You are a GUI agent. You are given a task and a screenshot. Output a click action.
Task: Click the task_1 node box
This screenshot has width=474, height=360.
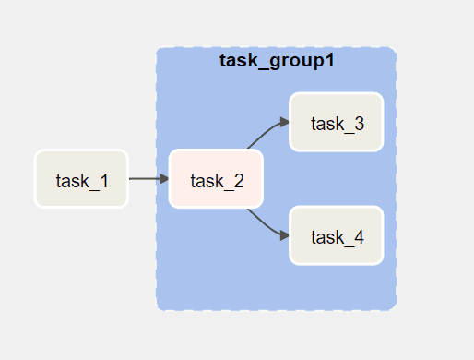(81, 179)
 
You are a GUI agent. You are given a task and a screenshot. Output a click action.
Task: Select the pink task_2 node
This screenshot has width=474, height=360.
(217, 179)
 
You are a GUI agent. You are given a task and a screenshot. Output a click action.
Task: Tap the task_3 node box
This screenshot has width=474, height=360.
(337, 122)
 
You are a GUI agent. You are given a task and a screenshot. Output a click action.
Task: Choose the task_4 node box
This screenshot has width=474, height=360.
(337, 236)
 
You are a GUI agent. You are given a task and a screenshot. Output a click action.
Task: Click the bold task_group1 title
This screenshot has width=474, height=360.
(277, 61)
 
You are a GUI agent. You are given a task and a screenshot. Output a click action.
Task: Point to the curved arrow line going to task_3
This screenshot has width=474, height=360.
(262, 133)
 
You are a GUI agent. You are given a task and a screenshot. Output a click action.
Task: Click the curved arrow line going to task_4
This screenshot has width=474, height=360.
(262, 224)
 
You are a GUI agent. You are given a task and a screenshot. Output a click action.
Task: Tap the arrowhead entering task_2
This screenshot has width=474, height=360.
(163, 179)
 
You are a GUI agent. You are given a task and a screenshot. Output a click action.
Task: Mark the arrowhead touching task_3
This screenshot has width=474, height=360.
(284, 122)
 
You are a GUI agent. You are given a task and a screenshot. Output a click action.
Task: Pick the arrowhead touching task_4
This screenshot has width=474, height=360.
(284, 236)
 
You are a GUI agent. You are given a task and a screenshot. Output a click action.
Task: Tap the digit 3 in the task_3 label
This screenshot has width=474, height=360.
(358, 123)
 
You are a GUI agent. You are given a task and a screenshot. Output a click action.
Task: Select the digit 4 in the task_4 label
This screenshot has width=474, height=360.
(358, 237)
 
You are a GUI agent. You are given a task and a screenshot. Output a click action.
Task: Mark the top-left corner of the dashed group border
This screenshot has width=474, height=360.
(159, 50)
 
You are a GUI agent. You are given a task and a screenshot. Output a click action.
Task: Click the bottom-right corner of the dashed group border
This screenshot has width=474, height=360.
(395, 308)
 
